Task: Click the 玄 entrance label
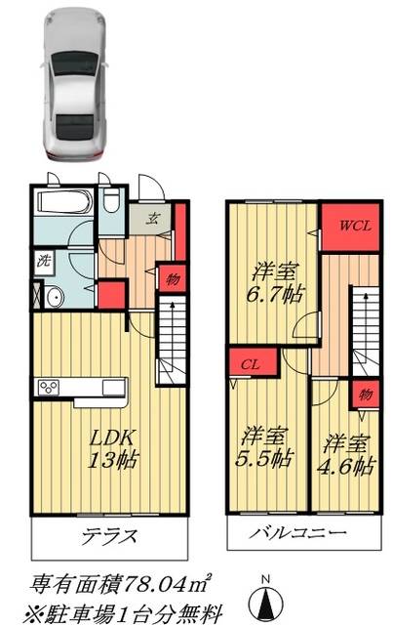pyautogui.click(x=154, y=219)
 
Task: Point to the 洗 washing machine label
pyautogui.click(x=43, y=261)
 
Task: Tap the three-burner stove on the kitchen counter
pyautogui.click(x=49, y=389)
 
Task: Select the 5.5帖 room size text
pyautogui.click(x=264, y=458)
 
